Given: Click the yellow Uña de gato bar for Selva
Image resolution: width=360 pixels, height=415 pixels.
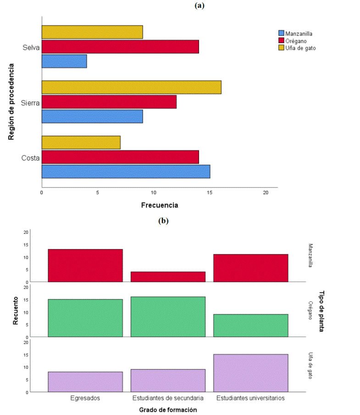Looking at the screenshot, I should click(x=92, y=32).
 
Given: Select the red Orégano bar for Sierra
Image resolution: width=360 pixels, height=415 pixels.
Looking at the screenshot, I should click(x=109, y=102).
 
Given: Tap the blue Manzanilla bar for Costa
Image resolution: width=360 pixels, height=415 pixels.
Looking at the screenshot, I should click(x=126, y=172).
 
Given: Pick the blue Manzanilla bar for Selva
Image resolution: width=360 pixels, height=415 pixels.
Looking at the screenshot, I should click(x=64, y=61).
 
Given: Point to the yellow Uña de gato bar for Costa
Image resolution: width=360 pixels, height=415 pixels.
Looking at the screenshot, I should click(x=81, y=143).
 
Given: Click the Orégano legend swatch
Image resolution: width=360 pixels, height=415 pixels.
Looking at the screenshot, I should click(x=281, y=40).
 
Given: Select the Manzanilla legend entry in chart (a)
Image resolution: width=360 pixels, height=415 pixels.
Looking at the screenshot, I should click(x=299, y=33).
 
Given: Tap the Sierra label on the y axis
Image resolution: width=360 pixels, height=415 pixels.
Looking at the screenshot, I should click(x=31, y=103).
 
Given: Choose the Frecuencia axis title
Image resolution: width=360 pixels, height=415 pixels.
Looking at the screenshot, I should click(x=160, y=205).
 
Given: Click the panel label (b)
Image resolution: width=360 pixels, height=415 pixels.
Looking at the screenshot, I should click(x=164, y=221).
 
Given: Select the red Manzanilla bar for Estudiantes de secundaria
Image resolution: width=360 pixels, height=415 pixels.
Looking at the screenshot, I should click(x=168, y=277).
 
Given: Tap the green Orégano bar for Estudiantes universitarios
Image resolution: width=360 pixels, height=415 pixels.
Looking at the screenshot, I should click(x=250, y=326).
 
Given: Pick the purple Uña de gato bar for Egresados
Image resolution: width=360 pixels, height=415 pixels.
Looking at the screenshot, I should click(x=85, y=382).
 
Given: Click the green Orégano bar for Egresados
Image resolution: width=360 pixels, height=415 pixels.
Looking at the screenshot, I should click(x=85, y=318).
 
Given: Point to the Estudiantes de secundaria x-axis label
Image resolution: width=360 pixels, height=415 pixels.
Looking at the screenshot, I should click(x=168, y=398).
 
